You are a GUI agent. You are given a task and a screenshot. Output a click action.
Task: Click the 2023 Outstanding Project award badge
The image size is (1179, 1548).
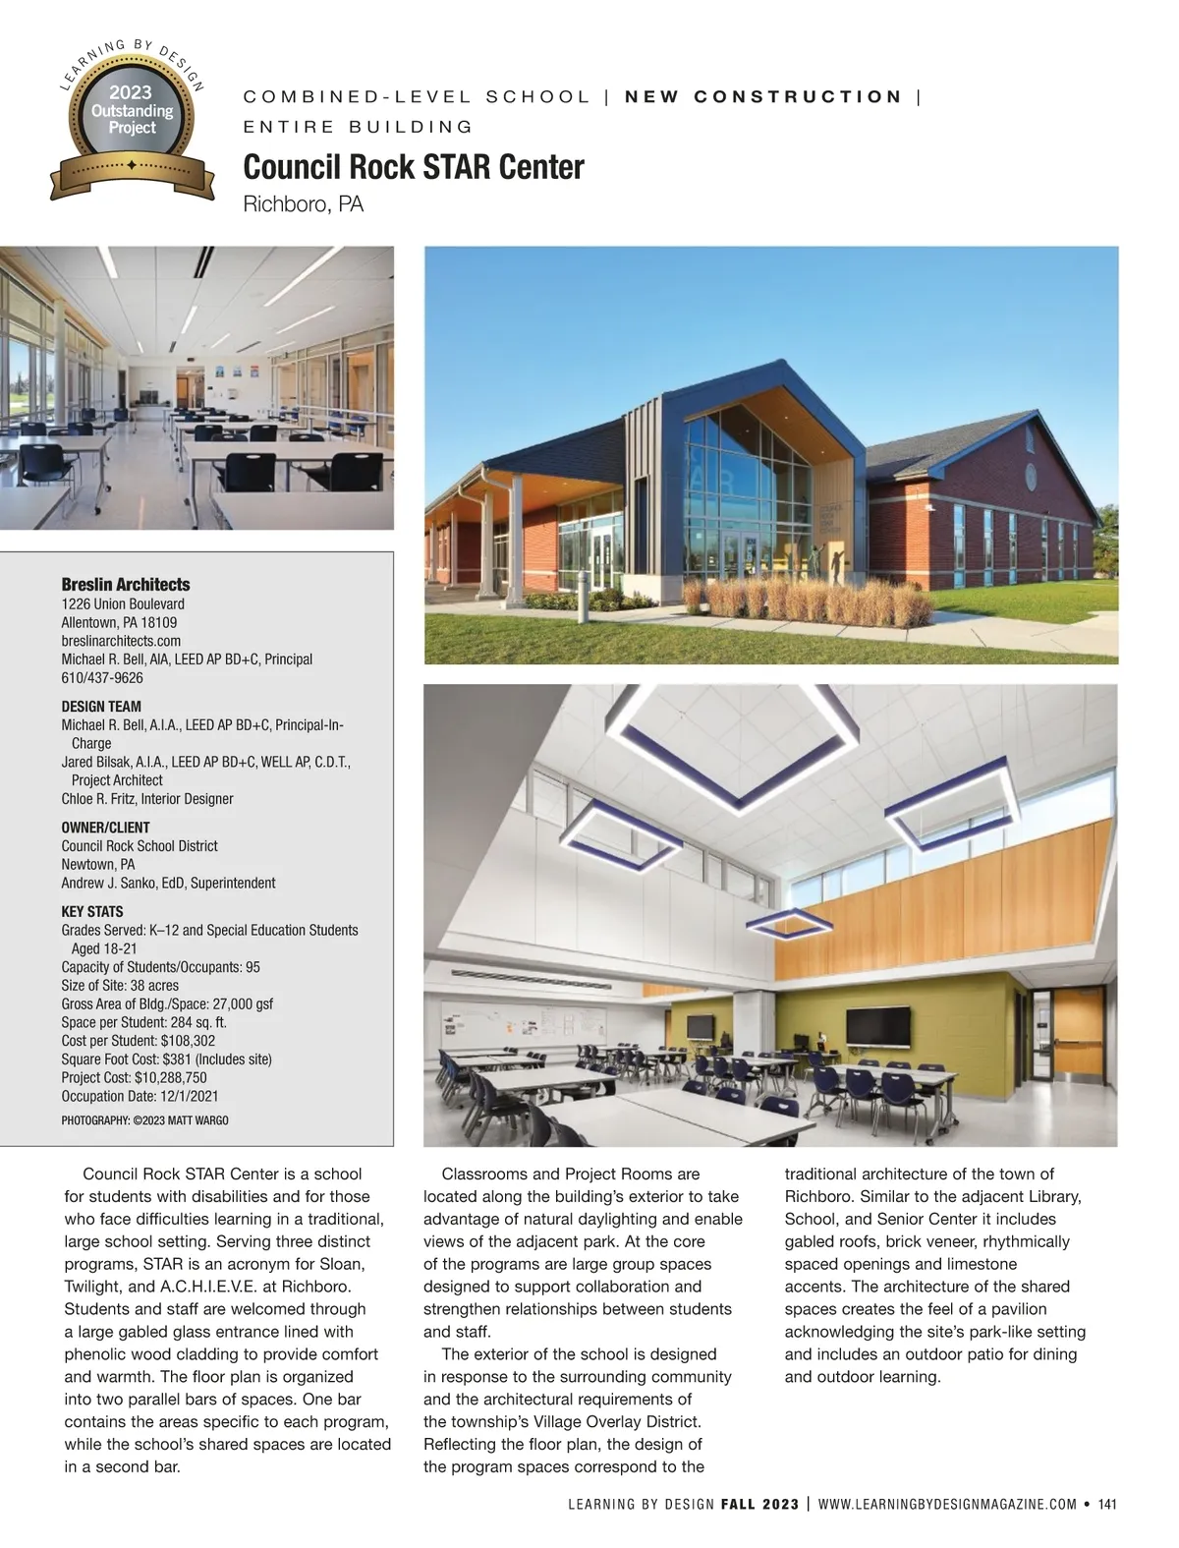(x=132, y=119)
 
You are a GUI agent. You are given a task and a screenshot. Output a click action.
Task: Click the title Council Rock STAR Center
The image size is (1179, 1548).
(x=413, y=167)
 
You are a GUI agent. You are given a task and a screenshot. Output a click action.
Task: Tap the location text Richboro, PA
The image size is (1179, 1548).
(x=303, y=204)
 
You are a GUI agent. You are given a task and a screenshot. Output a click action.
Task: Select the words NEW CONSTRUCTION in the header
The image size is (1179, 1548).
(x=763, y=96)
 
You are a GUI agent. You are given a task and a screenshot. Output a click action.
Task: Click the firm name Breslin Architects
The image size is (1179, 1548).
(x=126, y=584)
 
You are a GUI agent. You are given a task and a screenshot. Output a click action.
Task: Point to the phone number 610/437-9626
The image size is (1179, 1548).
(x=102, y=677)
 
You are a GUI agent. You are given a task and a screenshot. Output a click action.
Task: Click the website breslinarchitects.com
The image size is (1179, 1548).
(x=121, y=641)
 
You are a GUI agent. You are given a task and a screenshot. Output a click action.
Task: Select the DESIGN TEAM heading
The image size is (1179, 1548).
(x=101, y=706)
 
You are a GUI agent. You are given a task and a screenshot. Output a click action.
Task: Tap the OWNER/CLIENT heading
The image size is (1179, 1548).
(x=105, y=827)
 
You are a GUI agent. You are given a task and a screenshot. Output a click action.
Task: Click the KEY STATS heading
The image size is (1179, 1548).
(x=92, y=911)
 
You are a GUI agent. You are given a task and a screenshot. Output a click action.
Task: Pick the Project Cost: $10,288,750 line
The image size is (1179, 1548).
(x=134, y=1077)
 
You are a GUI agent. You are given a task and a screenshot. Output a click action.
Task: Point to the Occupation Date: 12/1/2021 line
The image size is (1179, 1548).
(x=140, y=1096)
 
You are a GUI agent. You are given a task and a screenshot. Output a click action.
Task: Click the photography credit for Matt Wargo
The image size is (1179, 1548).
(x=144, y=1119)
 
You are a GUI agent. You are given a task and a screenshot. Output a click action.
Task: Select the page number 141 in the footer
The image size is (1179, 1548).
(x=1107, y=1504)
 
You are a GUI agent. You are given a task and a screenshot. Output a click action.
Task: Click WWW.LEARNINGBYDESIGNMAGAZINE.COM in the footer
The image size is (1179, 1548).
(x=947, y=1504)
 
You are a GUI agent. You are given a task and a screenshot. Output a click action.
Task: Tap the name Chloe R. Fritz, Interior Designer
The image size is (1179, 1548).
(x=147, y=798)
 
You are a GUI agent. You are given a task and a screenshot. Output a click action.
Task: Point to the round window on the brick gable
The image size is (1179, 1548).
(x=1032, y=477)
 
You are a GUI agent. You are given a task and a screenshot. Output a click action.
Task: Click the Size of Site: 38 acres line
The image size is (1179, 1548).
(x=120, y=985)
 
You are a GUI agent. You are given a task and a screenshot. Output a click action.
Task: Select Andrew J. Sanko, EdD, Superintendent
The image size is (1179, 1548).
(x=168, y=883)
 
